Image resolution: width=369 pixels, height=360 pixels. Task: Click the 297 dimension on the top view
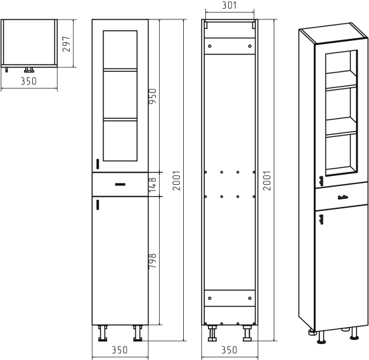click(66, 44)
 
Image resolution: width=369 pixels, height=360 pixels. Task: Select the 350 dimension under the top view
click(29, 81)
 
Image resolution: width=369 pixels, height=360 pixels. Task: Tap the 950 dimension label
click(152, 96)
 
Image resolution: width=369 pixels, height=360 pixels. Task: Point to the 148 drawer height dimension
click(152, 185)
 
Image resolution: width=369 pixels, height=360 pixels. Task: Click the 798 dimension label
click(152, 261)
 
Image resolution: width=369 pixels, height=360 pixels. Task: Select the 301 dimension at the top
click(229, 5)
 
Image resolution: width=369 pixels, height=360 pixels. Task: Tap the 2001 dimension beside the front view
click(176, 181)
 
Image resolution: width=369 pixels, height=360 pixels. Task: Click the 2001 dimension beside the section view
click(267, 181)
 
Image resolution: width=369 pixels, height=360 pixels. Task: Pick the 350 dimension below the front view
click(120, 350)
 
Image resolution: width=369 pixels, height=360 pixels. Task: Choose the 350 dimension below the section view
click(229, 350)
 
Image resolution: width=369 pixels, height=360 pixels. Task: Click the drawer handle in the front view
click(120, 185)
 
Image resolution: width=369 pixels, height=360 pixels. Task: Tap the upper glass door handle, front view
click(98, 164)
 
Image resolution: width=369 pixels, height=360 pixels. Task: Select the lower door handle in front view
click(98, 205)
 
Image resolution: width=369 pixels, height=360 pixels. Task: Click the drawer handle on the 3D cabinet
click(343, 197)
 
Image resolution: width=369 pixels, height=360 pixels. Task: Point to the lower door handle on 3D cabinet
click(321, 220)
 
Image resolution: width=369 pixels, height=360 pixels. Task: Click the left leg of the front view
click(103, 333)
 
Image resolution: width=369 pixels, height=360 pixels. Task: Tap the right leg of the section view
click(247, 333)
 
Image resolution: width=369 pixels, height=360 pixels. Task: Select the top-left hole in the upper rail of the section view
click(210, 46)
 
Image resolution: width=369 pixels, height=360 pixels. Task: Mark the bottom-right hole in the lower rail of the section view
click(250, 298)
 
